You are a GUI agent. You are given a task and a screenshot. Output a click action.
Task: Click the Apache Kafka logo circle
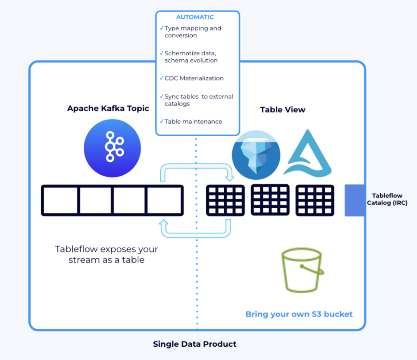point(112,148)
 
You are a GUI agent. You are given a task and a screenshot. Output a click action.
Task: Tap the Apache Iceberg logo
point(256,155)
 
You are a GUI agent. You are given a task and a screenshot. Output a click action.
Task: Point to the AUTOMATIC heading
point(195,17)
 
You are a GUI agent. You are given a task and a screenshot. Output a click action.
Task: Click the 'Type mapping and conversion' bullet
point(193,32)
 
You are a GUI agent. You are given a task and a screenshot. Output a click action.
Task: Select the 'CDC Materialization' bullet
point(194,78)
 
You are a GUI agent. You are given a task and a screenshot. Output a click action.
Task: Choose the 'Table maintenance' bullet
point(193,121)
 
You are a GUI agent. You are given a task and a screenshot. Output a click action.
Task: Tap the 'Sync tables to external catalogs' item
point(198,100)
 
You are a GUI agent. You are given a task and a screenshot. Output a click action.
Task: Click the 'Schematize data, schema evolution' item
point(191,57)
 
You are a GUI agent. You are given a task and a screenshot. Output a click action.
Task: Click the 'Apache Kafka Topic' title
point(108,109)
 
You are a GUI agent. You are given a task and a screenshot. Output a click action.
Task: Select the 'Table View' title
point(283,110)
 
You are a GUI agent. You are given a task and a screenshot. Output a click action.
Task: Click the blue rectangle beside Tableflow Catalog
point(355,200)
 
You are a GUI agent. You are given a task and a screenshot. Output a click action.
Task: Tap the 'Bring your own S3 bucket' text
point(299,314)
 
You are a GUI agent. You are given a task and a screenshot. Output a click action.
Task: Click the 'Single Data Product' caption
point(194,344)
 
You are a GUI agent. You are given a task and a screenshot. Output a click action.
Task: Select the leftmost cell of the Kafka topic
point(60,200)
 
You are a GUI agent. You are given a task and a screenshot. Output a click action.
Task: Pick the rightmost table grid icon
point(315,200)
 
